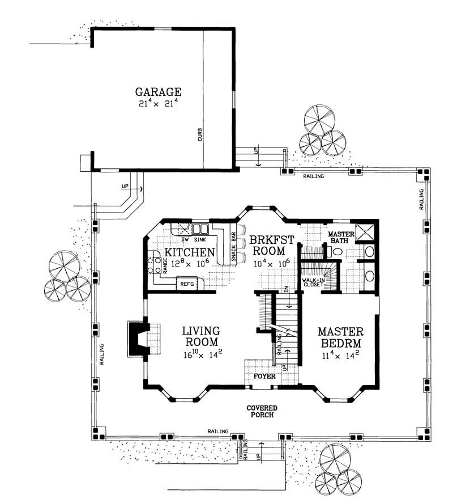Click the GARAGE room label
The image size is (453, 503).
click(x=158, y=91)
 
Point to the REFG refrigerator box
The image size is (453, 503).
click(x=187, y=284)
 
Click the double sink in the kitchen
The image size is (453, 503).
click(x=201, y=230)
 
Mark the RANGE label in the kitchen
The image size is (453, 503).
click(x=165, y=265)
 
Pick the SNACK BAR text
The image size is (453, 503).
click(x=233, y=244)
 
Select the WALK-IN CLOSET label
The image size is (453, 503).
click(x=313, y=283)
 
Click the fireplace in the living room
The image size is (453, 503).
click(x=136, y=339)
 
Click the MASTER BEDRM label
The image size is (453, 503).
click(x=340, y=337)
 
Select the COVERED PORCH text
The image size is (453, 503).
click(x=260, y=412)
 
